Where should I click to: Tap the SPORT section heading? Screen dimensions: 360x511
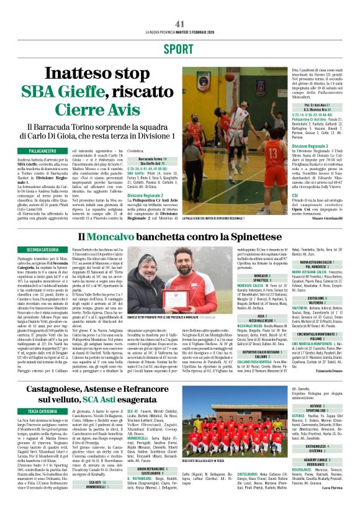click(x=180, y=48)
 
